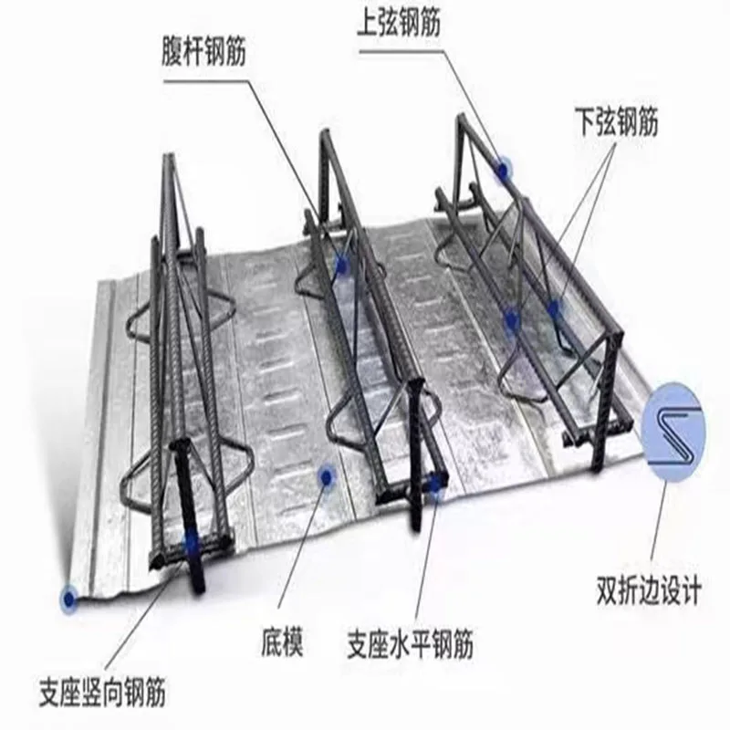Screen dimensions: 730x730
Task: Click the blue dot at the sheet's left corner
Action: (x=68, y=599)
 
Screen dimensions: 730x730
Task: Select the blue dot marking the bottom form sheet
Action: (x=323, y=475)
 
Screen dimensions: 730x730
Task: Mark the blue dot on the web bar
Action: (x=342, y=265)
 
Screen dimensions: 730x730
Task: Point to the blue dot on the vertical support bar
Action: (x=191, y=542)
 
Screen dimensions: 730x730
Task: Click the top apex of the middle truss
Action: (x=322, y=134)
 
